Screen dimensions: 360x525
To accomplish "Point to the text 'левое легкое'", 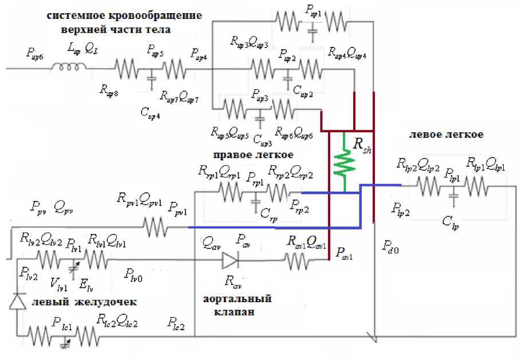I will click(x=446, y=134).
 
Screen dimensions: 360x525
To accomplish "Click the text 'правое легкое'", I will click(x=253, y=155).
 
